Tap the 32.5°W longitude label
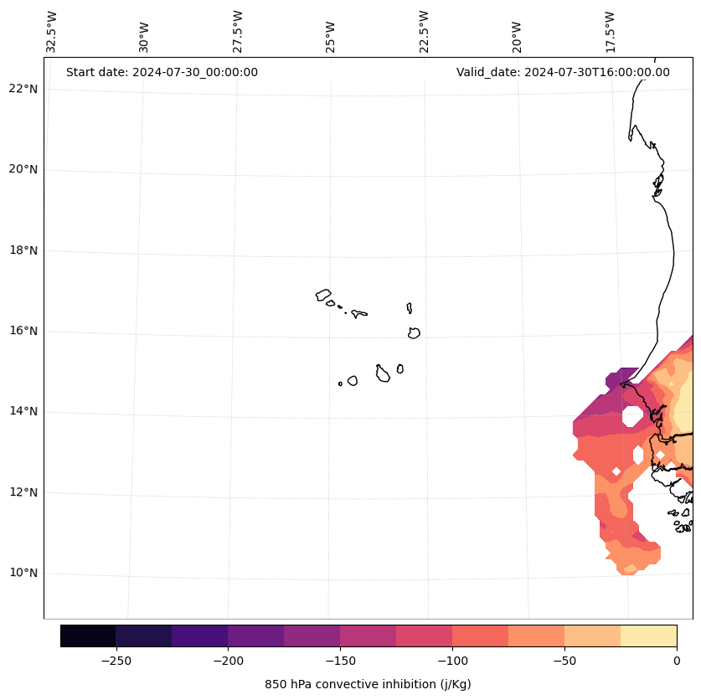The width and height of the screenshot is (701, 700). tap(52, 32)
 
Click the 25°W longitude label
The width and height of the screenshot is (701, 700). tap(331, 37)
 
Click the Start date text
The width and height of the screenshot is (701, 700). tap(162, 72)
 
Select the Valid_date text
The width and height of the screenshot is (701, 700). tap(563, 72)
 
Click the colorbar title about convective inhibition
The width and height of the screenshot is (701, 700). tap(368, 684)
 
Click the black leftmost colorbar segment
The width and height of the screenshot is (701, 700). tap(88, 636)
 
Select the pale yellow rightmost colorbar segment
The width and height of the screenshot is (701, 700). tap(648, 636)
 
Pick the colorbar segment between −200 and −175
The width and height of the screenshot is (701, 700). tap(255, 636)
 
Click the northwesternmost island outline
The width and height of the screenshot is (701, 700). tap(323, 295)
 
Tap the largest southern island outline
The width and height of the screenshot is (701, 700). tap(383, 373)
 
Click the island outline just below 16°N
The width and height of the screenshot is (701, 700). tap(414, 332)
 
